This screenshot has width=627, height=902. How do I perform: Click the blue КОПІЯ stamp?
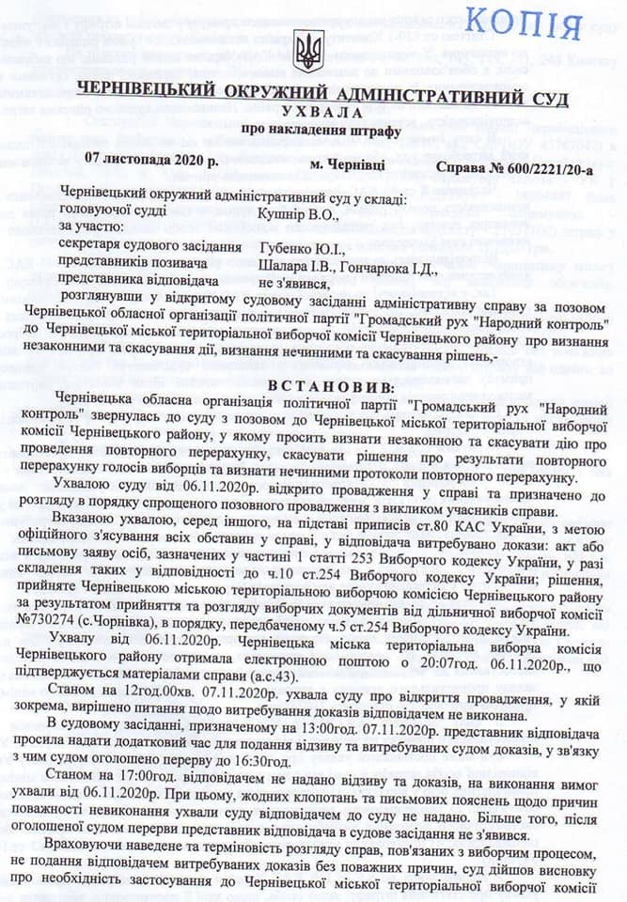pos(530,23)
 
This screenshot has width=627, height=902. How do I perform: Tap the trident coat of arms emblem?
pos(307,51)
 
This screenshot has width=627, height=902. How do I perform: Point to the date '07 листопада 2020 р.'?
pos(150,161)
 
